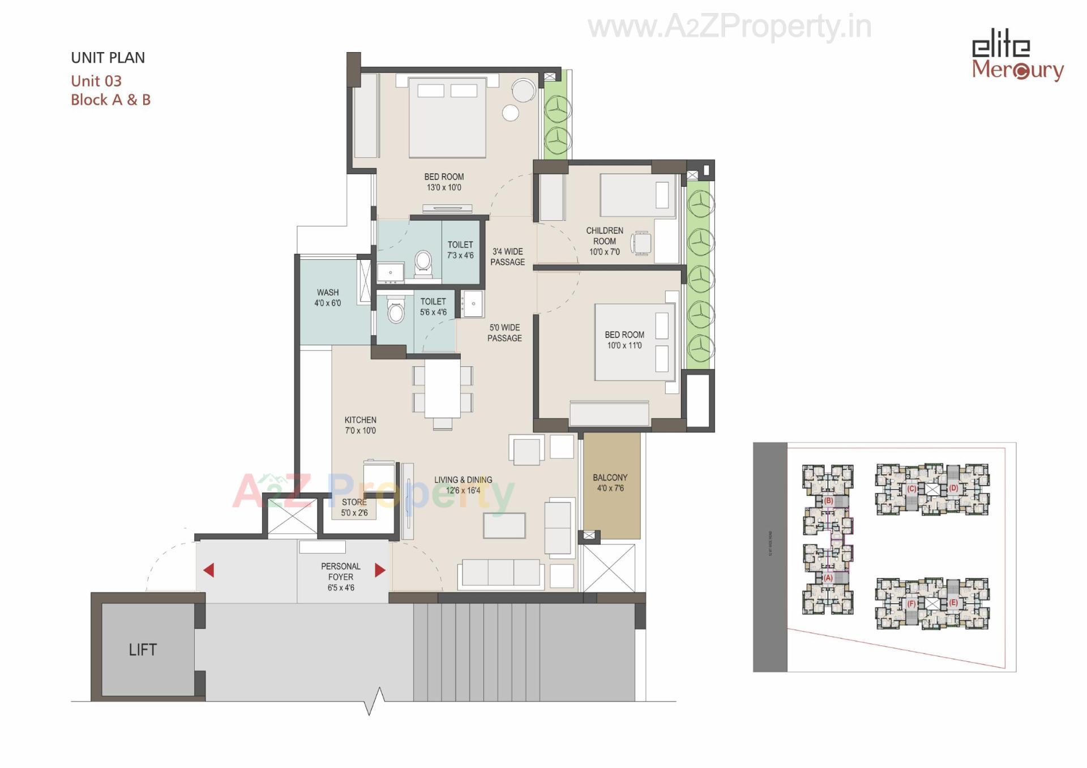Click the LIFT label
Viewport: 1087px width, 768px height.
(x=142, y=650)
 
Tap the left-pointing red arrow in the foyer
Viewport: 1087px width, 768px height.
(x=209, y=570)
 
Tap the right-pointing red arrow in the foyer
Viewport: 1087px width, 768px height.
(x=380, y=570)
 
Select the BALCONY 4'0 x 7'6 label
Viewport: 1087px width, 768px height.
(x=610, y=483)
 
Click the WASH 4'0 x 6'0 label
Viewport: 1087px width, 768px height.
(x=328, y=298)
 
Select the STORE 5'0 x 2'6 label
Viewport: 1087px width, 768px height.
(x=354, y=507)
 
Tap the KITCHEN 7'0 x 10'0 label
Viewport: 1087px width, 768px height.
(x=360, y=425)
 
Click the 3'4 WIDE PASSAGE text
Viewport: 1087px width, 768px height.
(x=507, y=256)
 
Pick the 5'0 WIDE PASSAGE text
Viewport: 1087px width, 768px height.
(x=504, y=333)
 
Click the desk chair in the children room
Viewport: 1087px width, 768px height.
(x=642, y=243)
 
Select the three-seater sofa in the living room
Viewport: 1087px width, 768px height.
(x=502, y=573)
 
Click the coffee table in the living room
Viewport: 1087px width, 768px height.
(x=504, y=525)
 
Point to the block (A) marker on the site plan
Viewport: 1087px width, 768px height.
(x=828, y=578)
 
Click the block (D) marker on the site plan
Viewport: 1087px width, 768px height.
(x=953, y=488)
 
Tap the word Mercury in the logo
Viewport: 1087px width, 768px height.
(x=1017, y=70)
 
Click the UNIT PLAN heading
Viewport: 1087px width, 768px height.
(x=108, y=58)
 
